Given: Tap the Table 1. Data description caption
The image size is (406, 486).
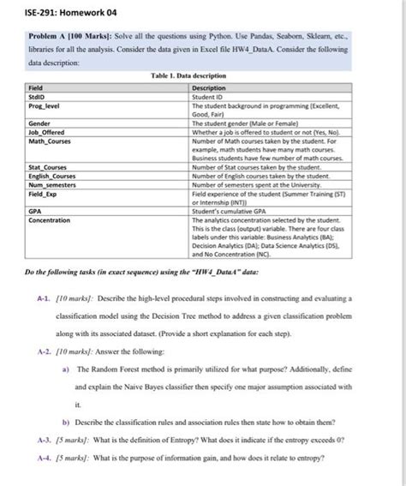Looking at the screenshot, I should point(203,75).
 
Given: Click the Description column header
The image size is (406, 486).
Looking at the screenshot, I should point(209,87).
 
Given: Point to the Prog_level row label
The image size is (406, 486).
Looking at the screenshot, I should point(45,104).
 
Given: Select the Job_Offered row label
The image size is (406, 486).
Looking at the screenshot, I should point(47,132).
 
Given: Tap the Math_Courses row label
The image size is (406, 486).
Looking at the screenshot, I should point(51,141).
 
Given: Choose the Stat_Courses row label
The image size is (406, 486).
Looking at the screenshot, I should point(49,167).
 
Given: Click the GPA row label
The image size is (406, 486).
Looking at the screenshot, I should point(35,210).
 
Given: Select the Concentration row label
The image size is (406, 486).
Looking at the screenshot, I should point(50,219).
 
